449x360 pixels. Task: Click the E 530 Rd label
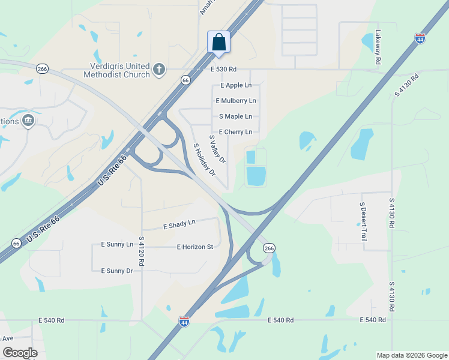pos(224,70)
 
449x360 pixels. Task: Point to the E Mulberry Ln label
pos(236,101)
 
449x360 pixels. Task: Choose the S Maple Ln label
pos(235,116)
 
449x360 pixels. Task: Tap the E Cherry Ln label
pos(235,132)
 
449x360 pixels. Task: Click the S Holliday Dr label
pos(204,160)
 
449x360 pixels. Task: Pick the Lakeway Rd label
pos(378,47)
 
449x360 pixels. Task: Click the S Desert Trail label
pos(363,221)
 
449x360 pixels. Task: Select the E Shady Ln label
pos(179,224)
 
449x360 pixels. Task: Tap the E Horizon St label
pos(195,247)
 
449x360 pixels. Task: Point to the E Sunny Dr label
pos(116,271)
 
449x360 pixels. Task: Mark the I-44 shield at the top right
pos(420,38)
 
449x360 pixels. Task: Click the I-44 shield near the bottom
pos(184,321)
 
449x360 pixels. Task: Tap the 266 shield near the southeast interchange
pos(269,248)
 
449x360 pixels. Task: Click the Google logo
pos(20,353)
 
